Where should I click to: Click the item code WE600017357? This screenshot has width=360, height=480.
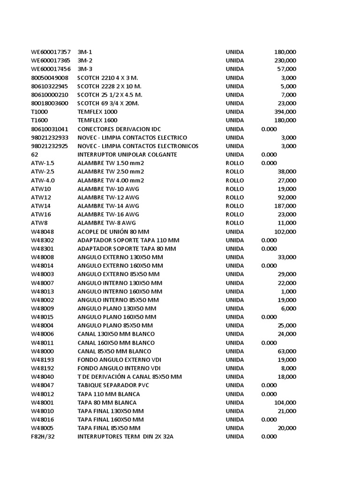click(x=51, y=52)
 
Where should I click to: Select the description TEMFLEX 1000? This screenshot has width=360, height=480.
click(x=97, y=112)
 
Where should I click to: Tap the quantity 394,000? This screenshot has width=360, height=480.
click(x=285, y=112)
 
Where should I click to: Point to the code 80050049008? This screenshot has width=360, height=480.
click(x=50, y=78)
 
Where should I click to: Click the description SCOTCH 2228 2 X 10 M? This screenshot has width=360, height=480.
click(x=110, y=86)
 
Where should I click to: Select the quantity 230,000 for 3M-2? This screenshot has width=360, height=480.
click(x=285, y=60)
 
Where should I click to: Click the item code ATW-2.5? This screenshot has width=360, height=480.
click(x=43, y=172)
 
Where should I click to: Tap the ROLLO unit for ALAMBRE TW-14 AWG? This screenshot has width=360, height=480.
click(x=235, y=206)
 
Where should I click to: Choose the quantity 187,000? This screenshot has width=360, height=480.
click(x=285, y=206)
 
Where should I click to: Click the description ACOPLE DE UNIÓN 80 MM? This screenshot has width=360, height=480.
click(x=113, y=232)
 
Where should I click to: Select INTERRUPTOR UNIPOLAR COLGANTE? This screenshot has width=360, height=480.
click(x=127, y=155)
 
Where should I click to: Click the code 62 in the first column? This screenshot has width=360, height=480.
click(x=35, y=155)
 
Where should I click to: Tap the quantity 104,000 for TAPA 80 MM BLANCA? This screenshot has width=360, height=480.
click(x=285, y=403)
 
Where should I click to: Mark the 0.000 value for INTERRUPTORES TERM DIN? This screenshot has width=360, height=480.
click(x=269, y=437)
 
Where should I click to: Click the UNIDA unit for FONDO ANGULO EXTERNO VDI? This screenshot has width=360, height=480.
click(x=235, y=360)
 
